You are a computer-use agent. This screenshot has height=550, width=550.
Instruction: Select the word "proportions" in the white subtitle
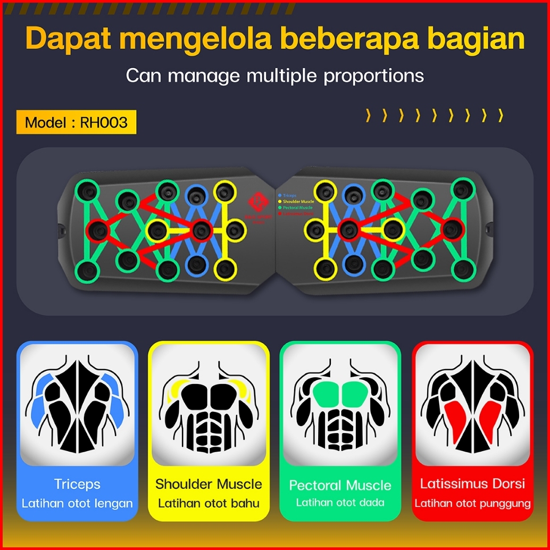[x=373, y=76]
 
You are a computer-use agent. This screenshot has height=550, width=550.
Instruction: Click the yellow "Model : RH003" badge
[x=76, y=122]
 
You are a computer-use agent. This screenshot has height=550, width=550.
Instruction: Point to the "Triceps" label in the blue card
[x=77, y=484]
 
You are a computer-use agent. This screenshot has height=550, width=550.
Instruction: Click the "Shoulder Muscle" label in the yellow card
[x=209, y=484]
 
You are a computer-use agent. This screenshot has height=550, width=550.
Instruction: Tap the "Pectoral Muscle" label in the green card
[x=340, y=485]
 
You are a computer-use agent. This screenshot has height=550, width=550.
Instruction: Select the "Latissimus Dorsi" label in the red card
[x=472, y=484]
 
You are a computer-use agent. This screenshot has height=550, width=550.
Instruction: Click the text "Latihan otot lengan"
[x=77, y=503]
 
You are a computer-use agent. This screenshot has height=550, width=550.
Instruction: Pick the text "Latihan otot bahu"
[x=209, y=503]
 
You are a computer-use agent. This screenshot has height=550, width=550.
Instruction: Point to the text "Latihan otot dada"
[x=340, y=502]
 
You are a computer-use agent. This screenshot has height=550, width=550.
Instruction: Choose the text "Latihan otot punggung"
[x=472, y=503]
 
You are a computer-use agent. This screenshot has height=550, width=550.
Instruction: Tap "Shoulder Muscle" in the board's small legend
[x=298, y=202]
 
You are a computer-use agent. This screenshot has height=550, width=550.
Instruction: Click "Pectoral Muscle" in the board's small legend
[x=297, y=207]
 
